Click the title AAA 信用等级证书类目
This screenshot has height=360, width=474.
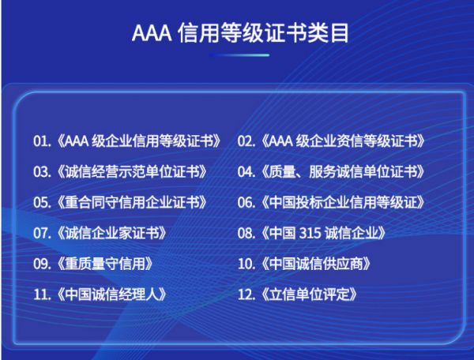240,32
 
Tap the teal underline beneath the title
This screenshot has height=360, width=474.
239,55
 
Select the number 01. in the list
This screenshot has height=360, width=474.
43,141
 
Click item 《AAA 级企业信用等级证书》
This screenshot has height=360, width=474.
139,141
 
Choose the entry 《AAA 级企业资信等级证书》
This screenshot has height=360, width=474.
343,141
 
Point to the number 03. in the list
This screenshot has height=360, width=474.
43,172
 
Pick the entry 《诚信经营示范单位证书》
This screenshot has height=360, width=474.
132,172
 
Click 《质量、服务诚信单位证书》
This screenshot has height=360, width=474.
343,172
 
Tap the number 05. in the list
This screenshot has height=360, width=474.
43,202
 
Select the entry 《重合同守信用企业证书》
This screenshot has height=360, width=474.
132,202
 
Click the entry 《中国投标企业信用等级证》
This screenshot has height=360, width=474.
343,202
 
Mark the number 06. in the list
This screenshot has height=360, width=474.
246,202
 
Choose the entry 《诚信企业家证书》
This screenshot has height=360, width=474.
111,233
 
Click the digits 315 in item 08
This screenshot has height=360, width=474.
310,233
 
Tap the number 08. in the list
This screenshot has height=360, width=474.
246,233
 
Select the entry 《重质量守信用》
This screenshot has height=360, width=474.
105,264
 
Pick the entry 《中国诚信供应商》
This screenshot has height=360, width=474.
316,264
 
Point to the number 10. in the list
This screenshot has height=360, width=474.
246,264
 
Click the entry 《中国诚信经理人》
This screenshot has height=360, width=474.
111,294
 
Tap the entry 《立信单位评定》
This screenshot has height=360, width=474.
309,294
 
